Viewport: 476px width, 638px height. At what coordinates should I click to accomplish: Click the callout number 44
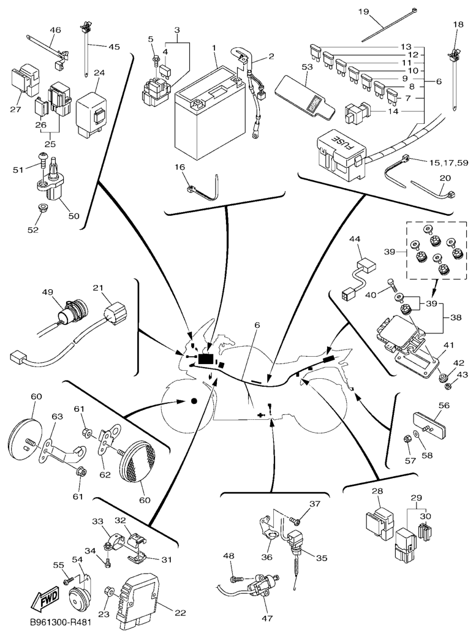(x=355, y=239)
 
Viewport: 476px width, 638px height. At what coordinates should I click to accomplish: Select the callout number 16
(x=180, y=167)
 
